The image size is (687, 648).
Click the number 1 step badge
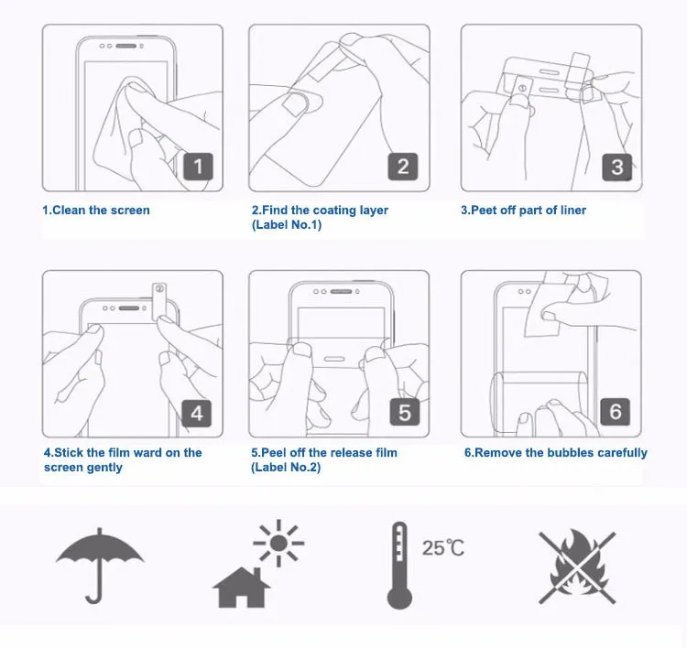[x=198, y=167]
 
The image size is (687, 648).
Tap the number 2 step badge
[x=403, y=167]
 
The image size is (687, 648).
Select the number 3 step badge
[x=616, y=167]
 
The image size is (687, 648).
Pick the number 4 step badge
[x=197, y=414]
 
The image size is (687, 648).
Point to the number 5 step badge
[x=404, y=412]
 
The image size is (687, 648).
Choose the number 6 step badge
[x=616, y=412]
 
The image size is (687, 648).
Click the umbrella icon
[x=100, y=566]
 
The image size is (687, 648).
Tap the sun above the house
[x=278, y=543]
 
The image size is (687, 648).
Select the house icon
[x=242, y=588]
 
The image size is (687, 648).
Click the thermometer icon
[x=399, y=566]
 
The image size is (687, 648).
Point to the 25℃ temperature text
[x=443, y=547]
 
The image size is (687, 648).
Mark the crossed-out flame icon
[x=577, y=567]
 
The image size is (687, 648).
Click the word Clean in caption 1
[x=69, y=211]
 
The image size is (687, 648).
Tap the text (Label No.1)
[x=287, y=224]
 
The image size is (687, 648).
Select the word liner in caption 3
[x=573, y=211]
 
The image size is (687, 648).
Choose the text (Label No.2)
[x=286, y=467]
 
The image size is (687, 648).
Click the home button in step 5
[x=333, y=360]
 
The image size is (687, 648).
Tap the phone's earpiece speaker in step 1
[x=126, y=46]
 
